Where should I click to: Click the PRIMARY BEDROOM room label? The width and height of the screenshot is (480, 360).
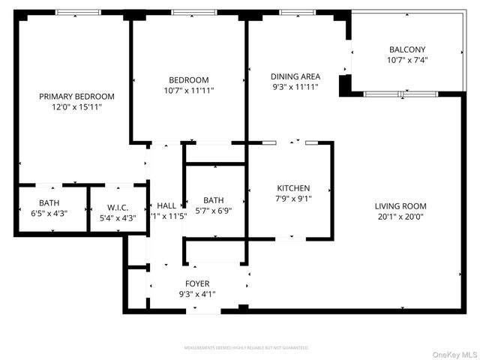pos(76,96)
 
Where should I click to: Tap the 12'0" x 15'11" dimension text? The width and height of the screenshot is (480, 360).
pos(76,107)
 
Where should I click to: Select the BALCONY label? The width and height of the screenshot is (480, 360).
pos(407,49)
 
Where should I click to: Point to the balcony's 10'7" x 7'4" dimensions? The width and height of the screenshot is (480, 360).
pos(407,60)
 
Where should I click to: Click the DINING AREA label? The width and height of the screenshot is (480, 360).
pos(295,76)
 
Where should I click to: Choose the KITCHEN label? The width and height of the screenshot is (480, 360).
pos(293,188)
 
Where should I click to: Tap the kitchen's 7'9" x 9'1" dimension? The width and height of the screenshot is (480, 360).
pos(293,199)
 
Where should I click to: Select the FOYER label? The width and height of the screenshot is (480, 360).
pos(198,283)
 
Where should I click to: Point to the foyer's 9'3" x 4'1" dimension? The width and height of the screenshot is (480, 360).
pos(198,294)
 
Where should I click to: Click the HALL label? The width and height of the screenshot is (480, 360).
pos(166,205)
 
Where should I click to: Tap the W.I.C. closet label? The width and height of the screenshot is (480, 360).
pos(118,208)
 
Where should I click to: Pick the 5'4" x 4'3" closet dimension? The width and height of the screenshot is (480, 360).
pos(118,218)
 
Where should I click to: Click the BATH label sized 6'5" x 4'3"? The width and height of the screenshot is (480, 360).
pos(49,202)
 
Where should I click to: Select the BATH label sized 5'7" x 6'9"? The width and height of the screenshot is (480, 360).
pos(213,200)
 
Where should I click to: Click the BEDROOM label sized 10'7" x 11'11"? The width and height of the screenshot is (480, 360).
pos(188,79)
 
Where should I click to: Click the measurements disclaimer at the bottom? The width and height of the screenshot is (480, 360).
pos(247,348)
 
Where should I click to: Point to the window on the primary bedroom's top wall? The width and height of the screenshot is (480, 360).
pos(78,13)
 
